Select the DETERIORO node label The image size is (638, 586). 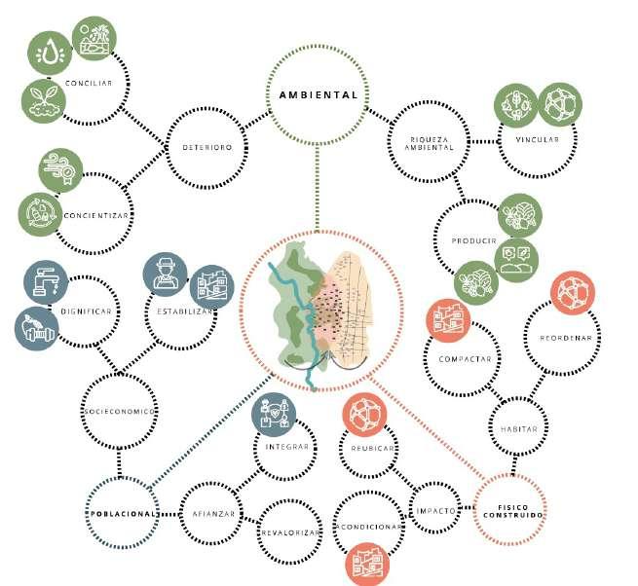pos(206,148)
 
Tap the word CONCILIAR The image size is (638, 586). pos(89,83)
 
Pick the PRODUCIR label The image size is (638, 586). pos(474,239)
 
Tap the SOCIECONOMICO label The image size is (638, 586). pos(119,411)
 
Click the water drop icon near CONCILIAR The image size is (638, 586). pos(48,52)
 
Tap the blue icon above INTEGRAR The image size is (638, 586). pos(272,412)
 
